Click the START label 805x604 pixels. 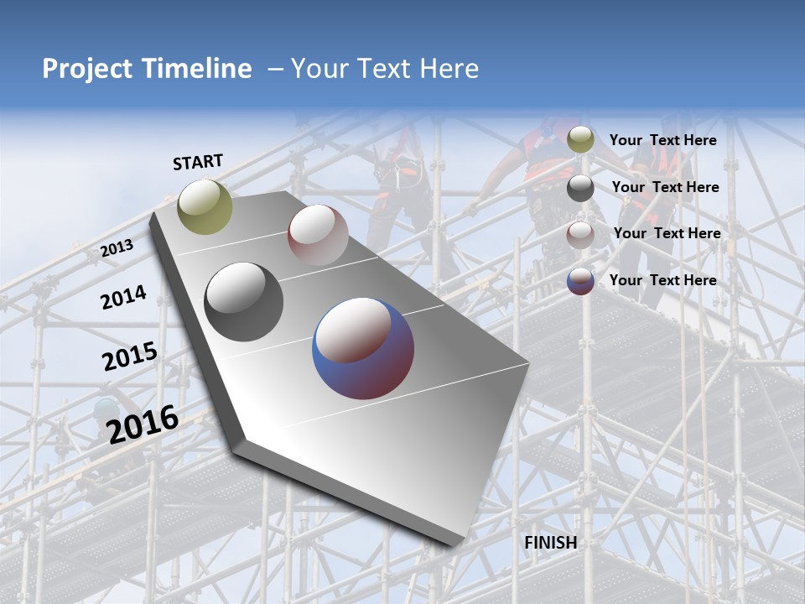pyautogui.click(x=198, y=162)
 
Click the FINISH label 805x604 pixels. pyautogui.click(x=550, y=543)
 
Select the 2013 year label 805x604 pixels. pyautogui.click(x=117, y=248)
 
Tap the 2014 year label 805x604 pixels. pyautogui.click(x=123, y=297)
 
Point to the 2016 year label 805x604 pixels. pyautogui.click(x=143, y=424)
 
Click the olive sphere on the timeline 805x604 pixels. pyautogui.click(x=205, y=206)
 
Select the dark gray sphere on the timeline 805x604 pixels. pyautogui.click(x=244, y=302)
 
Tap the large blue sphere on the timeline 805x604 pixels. pyautogui.click(x=363, y=348)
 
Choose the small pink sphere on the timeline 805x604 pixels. pyautogui.click(x=318, y=234)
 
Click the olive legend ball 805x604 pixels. pyautogui.click(x=580, y=140)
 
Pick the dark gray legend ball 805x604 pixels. pyautogui.click(x=580, y=188)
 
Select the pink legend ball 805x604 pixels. pyautogui.click(x=580, y=234)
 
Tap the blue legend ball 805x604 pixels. pyautogui.click(x=580, y=281)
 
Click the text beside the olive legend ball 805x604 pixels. pyautogui.click(x=662, y=141)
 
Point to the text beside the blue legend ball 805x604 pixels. pyautogui.click(x=662, y=280)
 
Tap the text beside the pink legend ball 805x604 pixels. pyautogui.click(x=667, y=233)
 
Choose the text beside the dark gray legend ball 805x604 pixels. pyautogui.click(x=665, y=188)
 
